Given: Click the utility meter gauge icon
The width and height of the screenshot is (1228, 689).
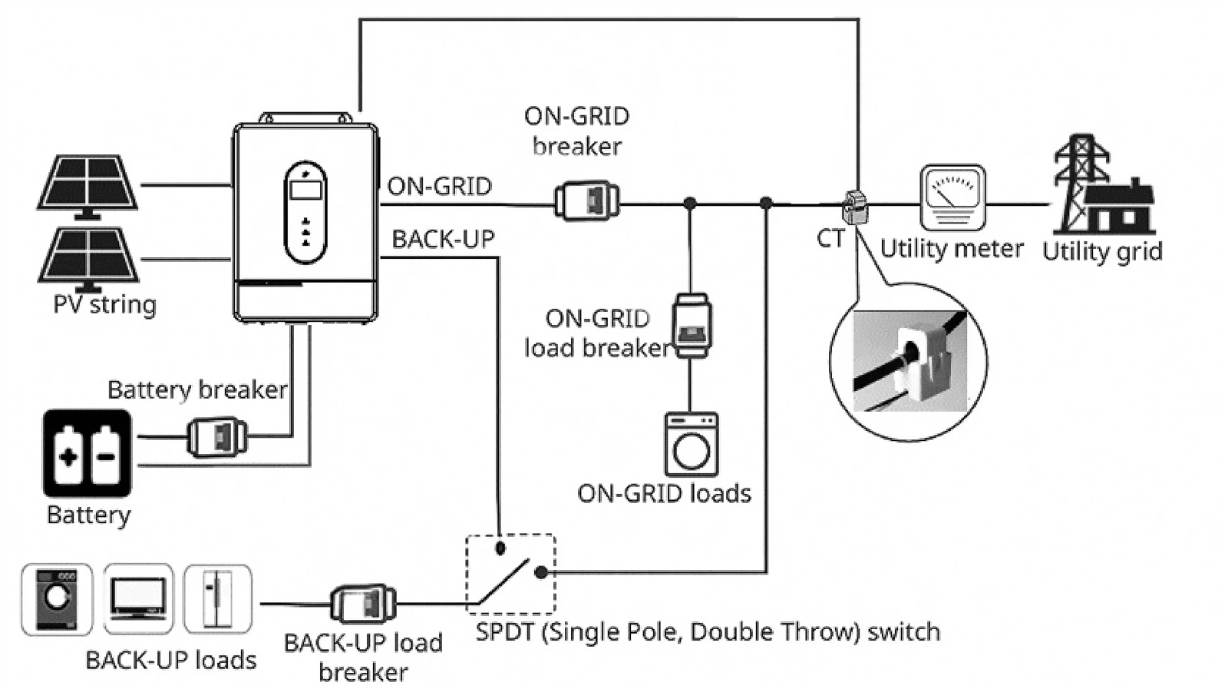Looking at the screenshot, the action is [952, 197].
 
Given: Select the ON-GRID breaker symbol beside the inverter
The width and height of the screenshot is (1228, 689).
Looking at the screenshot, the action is [586, 200].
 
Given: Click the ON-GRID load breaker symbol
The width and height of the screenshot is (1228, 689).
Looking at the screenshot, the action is [692, 326].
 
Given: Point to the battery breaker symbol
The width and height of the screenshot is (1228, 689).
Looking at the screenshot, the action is [217, 437].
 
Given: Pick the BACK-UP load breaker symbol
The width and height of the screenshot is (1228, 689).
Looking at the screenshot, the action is [363, 604].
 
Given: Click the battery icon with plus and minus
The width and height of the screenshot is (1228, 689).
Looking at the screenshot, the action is [87, 453].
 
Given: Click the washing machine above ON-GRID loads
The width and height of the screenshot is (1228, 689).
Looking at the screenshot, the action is [692, 444].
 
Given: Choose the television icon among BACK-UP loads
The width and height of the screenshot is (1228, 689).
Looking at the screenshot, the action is [137, 599].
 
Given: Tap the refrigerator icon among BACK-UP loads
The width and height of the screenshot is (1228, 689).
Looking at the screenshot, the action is [218, 599].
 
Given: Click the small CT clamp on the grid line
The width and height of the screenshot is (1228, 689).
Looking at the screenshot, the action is [855, 207].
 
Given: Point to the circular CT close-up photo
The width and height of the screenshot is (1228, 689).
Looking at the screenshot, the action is [909, 362].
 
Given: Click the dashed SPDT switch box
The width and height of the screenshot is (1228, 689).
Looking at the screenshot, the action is [510, 574].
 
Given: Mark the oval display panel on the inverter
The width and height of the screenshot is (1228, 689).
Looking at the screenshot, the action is [305, 212].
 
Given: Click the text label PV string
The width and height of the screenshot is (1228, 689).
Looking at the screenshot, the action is [104, 305].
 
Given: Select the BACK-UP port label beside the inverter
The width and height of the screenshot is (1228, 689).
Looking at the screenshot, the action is [443, 239].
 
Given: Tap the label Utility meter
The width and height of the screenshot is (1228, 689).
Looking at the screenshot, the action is [952, 249].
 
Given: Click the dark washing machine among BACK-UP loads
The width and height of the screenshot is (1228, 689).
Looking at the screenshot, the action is [57, 599].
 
